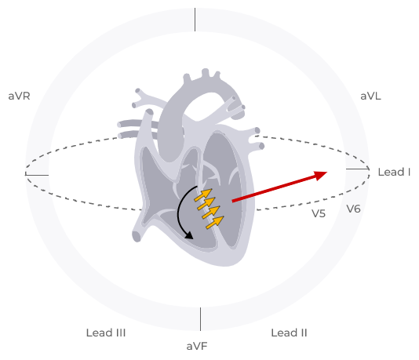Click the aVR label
[x=19, y=96]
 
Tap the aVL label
[x=370, y=96]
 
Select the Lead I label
[x=394, y=173]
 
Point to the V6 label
[x=354, y=209]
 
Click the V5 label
[x=319, y=213]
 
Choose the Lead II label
[x=289, y=333]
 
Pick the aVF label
[x=197, y=347]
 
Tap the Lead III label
[x=106, y=333]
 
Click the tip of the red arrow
[x=327, y=172]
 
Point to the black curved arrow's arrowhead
[x=190, y=236]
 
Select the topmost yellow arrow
[x=203, y=195]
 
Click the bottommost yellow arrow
[x=215, y=223]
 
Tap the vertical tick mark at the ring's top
[x=195, y=20]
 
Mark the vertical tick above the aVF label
[x=200, y=319]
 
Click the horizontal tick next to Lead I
[x=358, y=169]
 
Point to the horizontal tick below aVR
[x=37, y=175]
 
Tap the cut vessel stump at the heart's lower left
[x=137, y=236]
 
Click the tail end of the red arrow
[x=232, y=201]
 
